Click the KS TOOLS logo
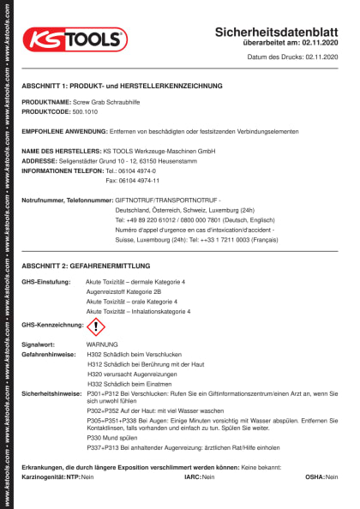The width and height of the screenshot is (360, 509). tap(75, 39)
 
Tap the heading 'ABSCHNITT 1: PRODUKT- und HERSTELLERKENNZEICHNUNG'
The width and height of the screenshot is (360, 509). tap(122, 86)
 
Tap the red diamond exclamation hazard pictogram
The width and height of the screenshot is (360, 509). tap(96, 326)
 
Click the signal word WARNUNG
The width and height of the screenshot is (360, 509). tap(103, 344)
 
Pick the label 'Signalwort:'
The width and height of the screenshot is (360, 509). tap(39, 344)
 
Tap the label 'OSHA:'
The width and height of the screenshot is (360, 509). tap(314, 476)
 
